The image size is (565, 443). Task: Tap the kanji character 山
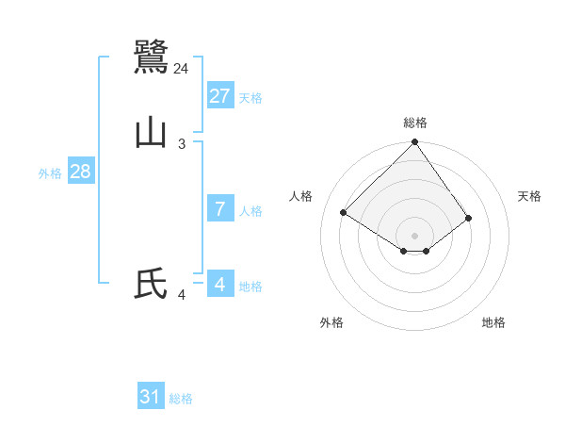(151, 133)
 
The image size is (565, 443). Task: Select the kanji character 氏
(151, 284)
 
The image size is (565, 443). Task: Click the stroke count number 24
(182, 69)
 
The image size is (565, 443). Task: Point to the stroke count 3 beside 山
(182, 144)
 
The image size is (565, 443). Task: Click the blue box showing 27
(220, 96)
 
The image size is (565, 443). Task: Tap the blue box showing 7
(220, 209)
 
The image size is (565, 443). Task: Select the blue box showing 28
(80, 172)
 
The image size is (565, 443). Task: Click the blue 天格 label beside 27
(250, 98)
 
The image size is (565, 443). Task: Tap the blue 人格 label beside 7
(250, 211)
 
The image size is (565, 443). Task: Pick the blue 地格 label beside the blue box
(250, 287)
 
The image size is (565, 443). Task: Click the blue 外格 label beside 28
(50, 173)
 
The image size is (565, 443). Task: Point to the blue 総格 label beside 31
(181, 399)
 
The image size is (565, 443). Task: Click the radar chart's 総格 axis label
(415, 123)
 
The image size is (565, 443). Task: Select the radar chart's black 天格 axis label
(530, 196)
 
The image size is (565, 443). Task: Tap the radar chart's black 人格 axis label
(301, 196)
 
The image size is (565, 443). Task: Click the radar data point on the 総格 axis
(415, 143)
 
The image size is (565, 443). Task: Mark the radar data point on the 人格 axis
(344, 212)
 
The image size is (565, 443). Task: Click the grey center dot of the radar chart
(415, 235)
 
